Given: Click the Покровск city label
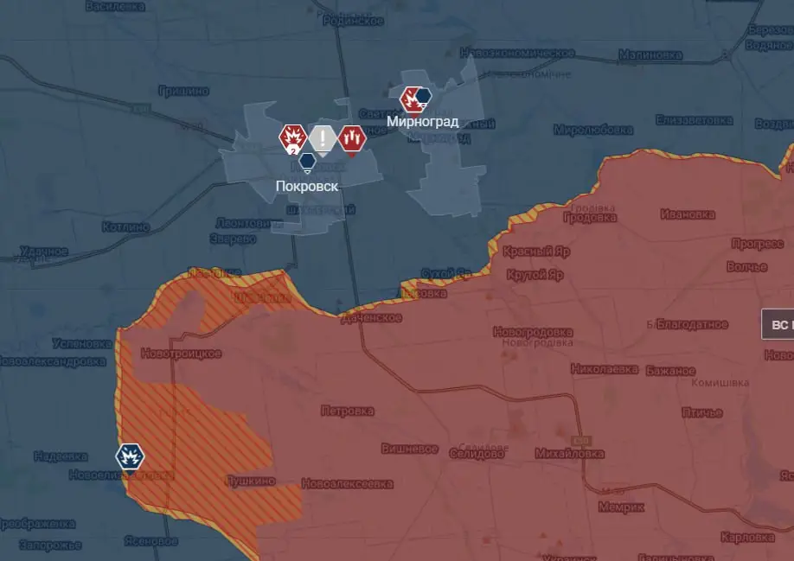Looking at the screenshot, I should (x=307, y=186).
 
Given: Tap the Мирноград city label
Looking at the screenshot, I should (x=422, y=121).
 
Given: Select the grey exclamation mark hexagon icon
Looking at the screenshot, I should (x=323, y=137).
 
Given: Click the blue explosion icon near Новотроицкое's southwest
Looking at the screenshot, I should (x=131, y=456).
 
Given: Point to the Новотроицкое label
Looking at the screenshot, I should (x=181, y=354).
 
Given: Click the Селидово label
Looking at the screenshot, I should (x=477, y=453).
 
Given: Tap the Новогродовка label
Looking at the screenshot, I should (x=533, y=332).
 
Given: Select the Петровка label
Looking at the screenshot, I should (x=347, y=411).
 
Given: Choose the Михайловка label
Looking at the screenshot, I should (x=569, y=453).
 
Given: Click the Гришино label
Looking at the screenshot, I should (x=183, y=90).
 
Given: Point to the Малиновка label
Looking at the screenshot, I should (x=650, y=55).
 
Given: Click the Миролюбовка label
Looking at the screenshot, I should (x=592, y=130).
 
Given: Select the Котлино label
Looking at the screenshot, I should (x=125, y=226).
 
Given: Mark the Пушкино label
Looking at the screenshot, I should (x=250, y=481).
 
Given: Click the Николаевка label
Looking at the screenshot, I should (x=605, y=369).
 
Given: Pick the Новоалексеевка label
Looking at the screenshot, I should (x=347, y=484).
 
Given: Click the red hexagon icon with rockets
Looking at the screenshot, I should (x=352, y=137).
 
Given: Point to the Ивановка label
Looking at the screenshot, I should (x=688, y=214).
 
